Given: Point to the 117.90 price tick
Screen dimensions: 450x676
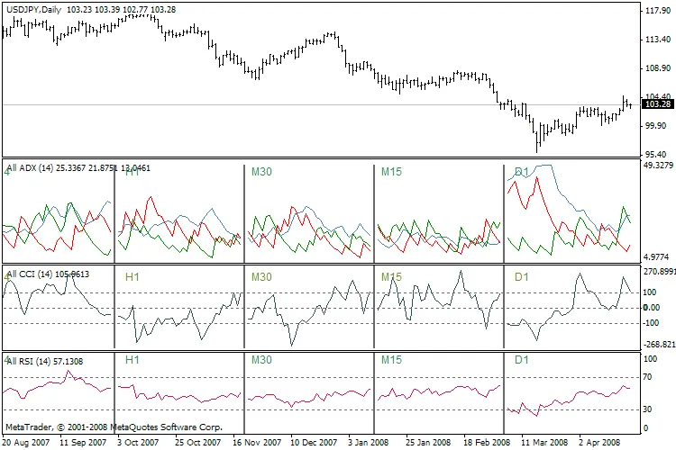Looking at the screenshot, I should tap(654, 12).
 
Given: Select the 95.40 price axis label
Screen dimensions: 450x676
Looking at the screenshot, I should tap(653, 155).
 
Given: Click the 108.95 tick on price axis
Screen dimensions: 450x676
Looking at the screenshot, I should tap(654, 68).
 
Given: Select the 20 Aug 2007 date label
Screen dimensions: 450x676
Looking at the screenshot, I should tap(26, 444).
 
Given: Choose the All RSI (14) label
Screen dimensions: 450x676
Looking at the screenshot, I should tap(32, 360).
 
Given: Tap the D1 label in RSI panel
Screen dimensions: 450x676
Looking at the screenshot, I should tap(521, 360).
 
